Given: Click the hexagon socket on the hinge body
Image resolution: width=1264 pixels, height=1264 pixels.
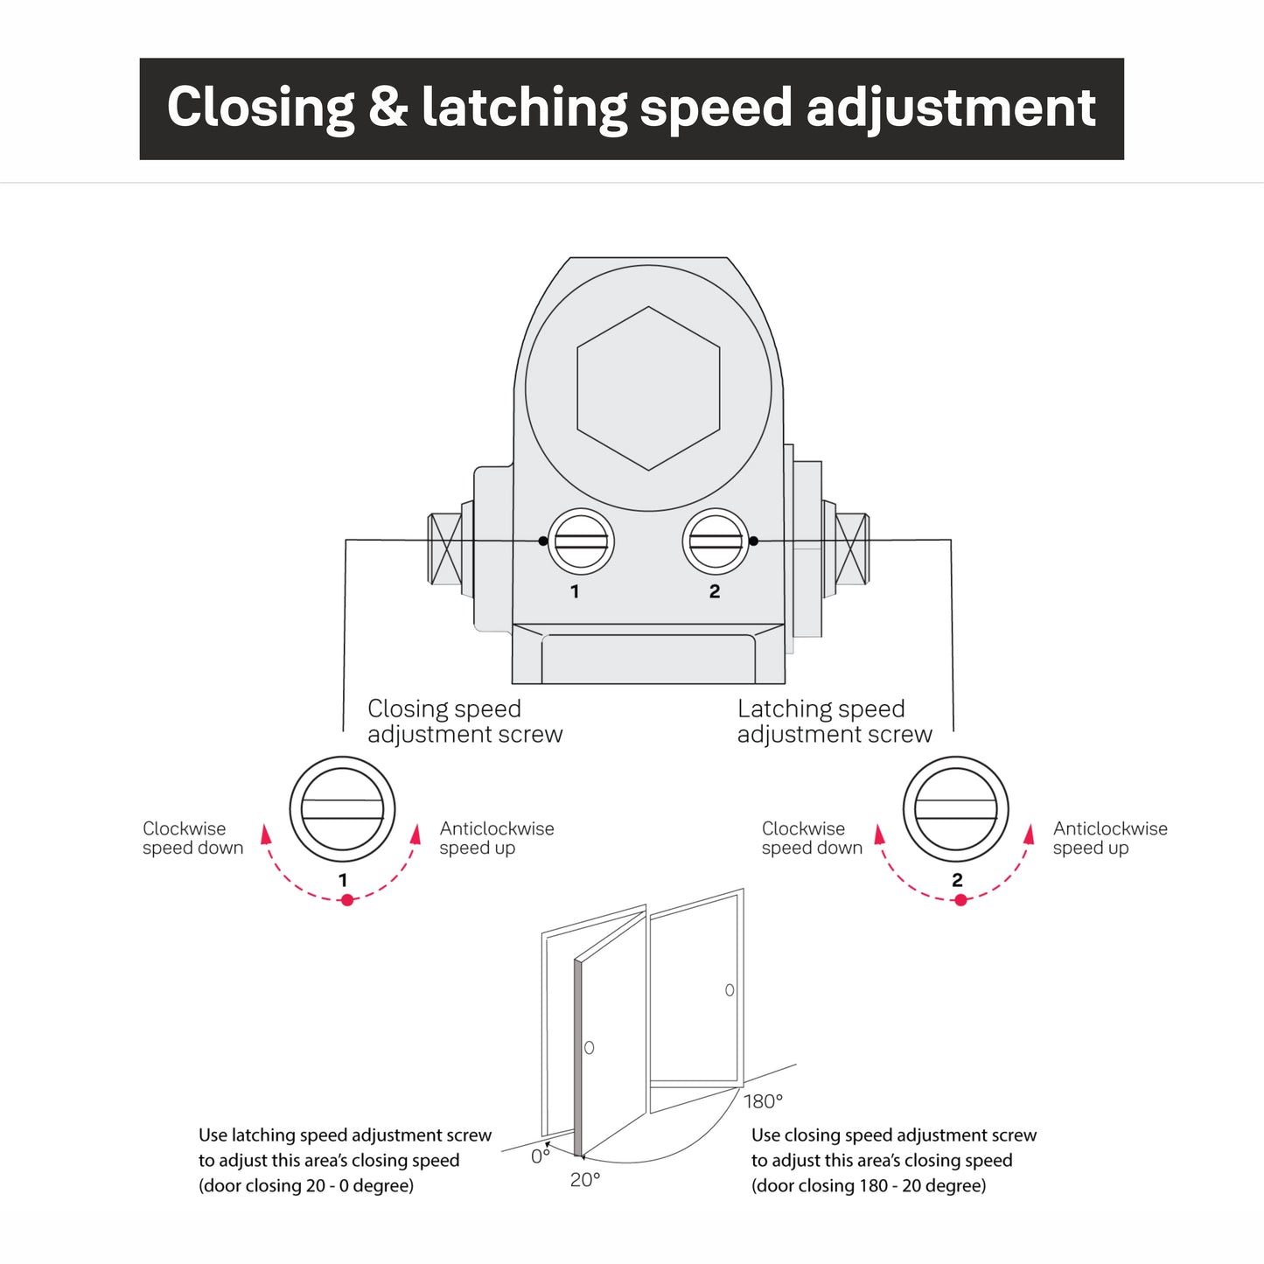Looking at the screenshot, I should [648, 388].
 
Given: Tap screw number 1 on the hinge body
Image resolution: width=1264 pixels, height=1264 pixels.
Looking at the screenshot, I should [581, 541].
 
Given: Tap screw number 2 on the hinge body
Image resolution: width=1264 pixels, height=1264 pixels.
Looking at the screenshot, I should [716, 541].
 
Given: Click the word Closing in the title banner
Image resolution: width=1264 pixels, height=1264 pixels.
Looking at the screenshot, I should [261, 108].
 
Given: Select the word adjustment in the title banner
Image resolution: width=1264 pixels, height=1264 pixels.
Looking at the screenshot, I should [951, 108].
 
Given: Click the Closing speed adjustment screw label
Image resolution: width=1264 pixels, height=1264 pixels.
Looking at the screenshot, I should [464, 722].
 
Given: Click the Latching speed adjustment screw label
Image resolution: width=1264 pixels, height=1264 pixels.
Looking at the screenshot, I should [835, 722].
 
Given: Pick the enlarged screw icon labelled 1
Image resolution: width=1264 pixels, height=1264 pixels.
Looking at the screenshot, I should [342, 809].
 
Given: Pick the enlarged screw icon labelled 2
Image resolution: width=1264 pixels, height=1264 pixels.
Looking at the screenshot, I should [955, 809].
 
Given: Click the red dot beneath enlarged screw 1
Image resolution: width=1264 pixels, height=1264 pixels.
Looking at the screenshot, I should [347, 900].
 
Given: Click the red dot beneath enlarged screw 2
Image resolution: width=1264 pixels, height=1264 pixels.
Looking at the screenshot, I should [960, 900].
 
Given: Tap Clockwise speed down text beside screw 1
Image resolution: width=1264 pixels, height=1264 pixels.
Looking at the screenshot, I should [192, 838].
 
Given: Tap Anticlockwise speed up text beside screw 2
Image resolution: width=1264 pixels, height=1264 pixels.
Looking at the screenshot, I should [1109, 838].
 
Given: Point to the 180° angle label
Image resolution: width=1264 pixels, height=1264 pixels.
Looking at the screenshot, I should [763, 1101].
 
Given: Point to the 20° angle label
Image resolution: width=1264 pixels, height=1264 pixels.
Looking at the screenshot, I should [585, 1180].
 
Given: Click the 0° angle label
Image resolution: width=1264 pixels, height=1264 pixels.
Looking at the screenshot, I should [541, 1156].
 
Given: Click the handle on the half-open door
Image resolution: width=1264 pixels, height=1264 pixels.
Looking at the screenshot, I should [589, 1047].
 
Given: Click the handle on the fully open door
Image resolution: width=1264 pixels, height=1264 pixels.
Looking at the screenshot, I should [730, 990].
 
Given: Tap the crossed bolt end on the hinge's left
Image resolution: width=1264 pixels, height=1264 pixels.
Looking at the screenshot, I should [444, 549].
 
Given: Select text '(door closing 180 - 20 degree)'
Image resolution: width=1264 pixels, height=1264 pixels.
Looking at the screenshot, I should [869, 1186].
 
